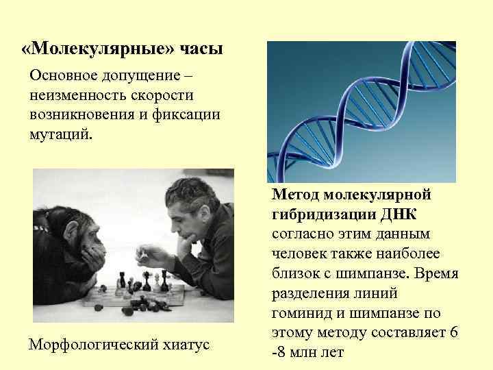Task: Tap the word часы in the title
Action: pyautogui.click(x=201, y=50)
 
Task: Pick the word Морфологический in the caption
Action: pyautogui.click(x=94, y=343)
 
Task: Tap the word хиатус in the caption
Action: pyautogui.click(x=186, y=343)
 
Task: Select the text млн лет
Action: pyautogui.click(x=314, y=353)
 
